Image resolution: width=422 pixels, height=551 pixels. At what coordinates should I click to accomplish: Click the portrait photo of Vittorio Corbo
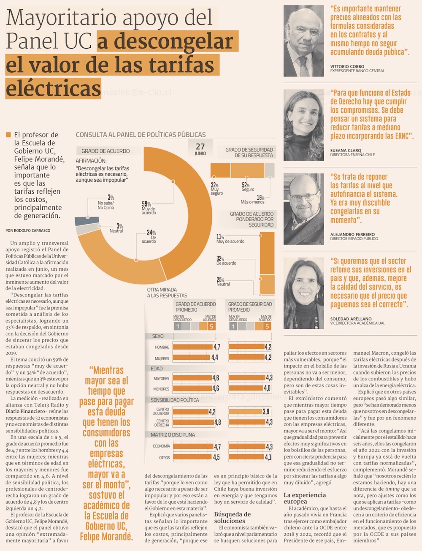(x=303, y=41)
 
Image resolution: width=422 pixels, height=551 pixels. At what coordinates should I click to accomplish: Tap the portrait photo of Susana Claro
(x=303, y=125)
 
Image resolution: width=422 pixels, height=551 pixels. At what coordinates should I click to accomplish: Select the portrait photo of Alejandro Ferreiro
(x=303, y=209)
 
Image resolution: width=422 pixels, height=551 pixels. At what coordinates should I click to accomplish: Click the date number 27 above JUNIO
(x=200, y=147)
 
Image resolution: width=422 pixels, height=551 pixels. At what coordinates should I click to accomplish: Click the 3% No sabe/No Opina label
(x=106, y=203)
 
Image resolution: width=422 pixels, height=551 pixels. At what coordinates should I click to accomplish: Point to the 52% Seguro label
(x=247, y=187)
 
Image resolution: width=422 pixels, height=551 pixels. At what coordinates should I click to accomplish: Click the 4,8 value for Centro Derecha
(x=217, y=422)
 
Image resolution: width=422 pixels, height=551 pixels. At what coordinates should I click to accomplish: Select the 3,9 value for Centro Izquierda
(x=266, y=411)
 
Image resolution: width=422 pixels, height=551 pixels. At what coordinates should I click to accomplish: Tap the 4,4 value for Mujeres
(x=214, y=358)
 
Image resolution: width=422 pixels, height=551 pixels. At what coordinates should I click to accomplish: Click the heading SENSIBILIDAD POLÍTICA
(x=175, y=399)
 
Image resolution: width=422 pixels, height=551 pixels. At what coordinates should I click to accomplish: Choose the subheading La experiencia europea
(x=305, y=498)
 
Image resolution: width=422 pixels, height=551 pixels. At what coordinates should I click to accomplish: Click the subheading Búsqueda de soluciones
(x=232, y=517)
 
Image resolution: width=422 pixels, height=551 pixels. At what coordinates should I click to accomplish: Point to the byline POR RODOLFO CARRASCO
(x=28, y=231)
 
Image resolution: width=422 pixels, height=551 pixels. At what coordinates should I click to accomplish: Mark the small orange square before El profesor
(x=8, y=135)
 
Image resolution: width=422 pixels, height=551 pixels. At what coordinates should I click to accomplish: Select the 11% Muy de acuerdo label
(x=230, y=239)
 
